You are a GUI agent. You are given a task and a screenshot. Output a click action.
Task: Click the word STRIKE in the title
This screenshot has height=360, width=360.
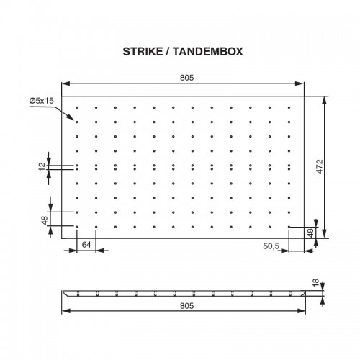pos(143,52)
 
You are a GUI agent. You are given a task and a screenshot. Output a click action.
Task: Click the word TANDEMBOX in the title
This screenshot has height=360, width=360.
pos(208,52)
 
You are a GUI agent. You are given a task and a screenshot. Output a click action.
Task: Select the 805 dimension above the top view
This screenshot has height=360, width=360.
pos(186,78)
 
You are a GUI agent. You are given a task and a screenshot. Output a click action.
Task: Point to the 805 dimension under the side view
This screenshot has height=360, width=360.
pos(186,306)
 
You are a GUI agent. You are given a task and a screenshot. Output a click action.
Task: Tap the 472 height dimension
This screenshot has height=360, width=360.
pos(320,166)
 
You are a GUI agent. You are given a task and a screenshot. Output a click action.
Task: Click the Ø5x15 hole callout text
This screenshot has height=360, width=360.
pos(42,100)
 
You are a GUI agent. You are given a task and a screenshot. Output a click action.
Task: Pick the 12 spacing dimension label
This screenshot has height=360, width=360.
pos(42,166)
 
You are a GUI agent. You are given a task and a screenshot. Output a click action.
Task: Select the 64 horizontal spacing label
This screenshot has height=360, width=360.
pos(86,245)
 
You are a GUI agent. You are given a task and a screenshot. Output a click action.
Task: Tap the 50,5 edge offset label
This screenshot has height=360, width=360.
pos(271,246)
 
